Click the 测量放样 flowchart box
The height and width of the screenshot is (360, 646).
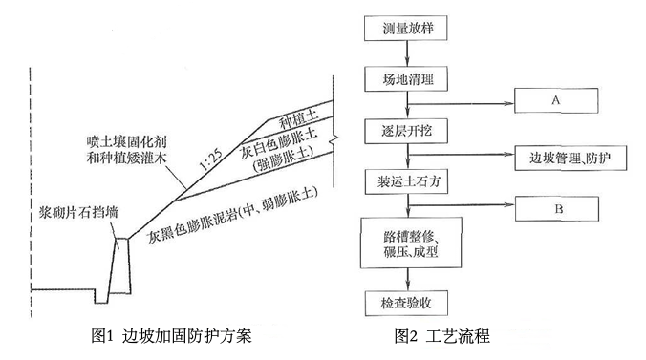point(405,28)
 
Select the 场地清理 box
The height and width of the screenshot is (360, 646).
point(406,78)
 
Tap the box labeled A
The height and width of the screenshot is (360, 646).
point(556,100)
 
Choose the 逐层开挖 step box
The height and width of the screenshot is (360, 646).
point(406,131)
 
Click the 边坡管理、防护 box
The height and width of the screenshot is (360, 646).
point(571,158)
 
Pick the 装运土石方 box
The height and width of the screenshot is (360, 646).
point(407,181)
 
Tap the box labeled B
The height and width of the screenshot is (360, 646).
point(557,208)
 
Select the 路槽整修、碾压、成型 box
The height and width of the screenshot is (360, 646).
point(411,243)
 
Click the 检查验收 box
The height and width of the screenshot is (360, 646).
point(407,304)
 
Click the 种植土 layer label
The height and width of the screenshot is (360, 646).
point(298,118)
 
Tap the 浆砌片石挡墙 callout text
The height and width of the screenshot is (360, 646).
point(78,213)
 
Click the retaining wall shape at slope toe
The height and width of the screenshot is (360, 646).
point(119,266)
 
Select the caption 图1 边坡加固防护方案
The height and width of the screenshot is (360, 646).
point(171,336)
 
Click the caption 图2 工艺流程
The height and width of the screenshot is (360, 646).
point(442,336)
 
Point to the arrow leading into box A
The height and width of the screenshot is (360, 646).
point(461,104)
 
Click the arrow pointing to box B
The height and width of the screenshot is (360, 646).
point(462,204)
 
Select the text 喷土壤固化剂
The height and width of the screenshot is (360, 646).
point(126,142)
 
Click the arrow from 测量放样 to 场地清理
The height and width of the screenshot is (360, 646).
point(407,53)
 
